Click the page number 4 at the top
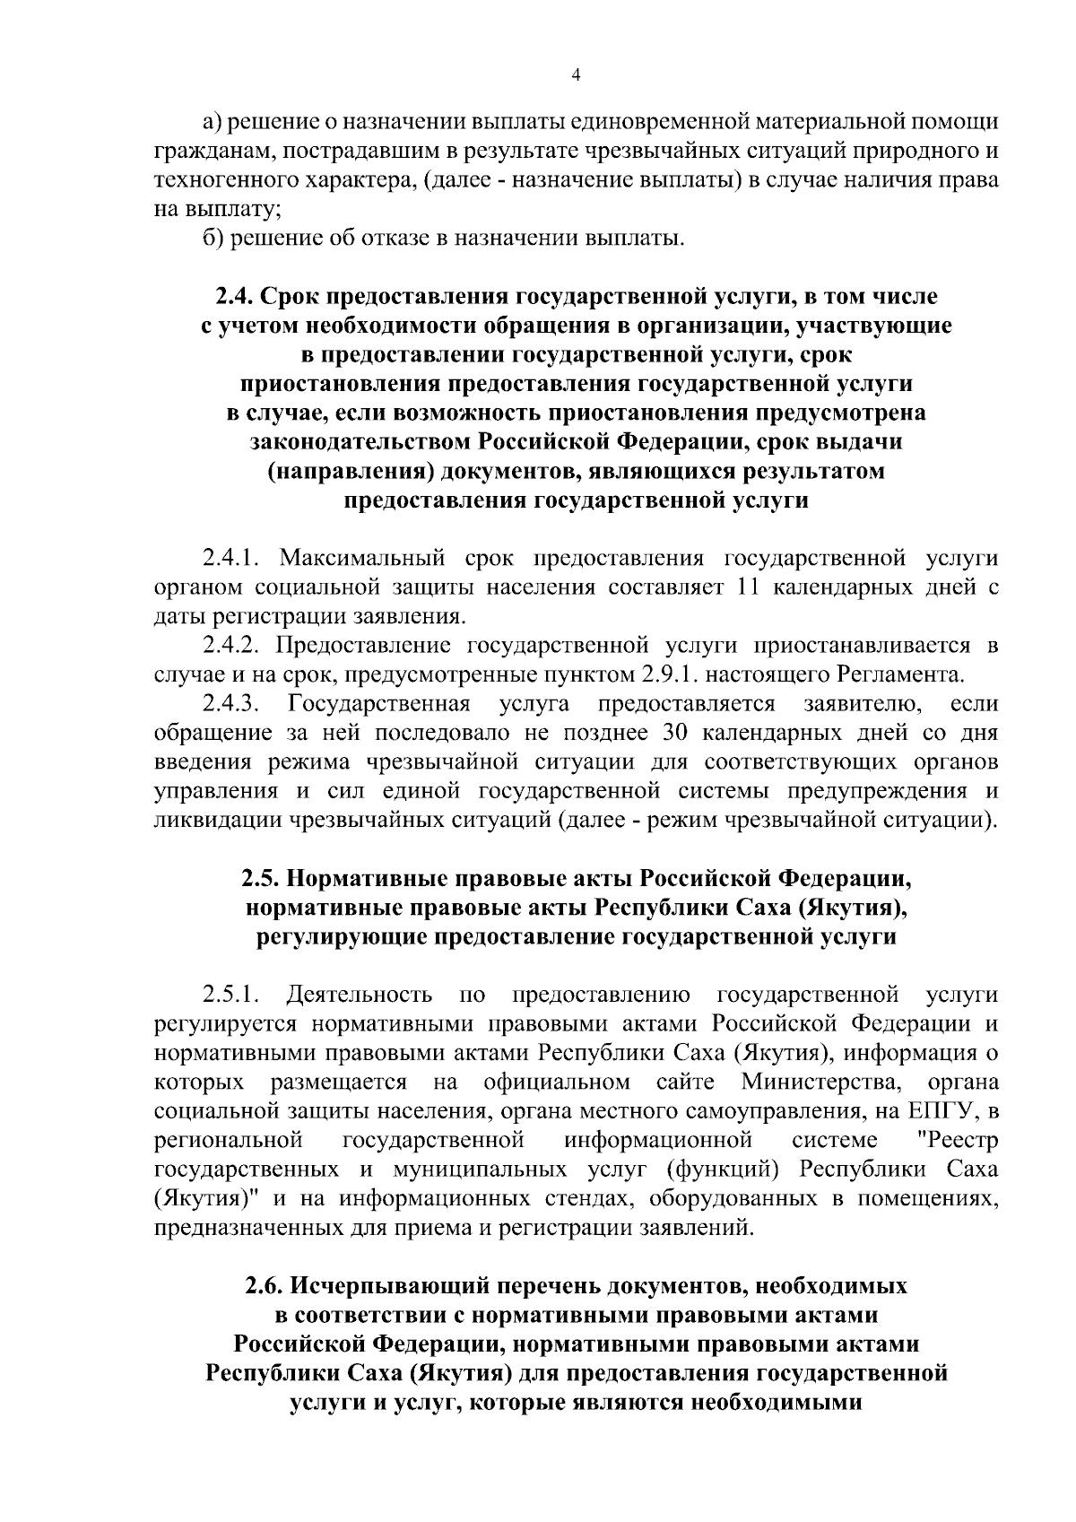tap(577, 77)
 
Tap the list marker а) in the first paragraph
tap(212, 121)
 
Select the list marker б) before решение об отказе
tap(212, 239)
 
